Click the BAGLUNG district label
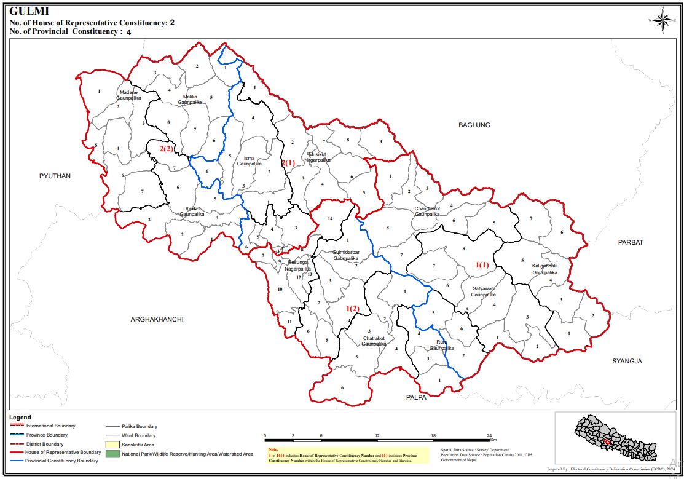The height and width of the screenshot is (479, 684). (474, 125)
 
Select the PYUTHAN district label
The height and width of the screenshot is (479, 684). (55, 176)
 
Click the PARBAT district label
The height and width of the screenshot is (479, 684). (631, 242)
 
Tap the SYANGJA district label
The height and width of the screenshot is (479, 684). (627, 361)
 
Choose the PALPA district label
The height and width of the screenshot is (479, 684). (416, 397)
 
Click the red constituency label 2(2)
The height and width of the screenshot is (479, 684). (167, 149)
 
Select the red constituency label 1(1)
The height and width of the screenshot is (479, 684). (482, 264)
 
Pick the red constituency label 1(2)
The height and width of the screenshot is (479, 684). (352, 308)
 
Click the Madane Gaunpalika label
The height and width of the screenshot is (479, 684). (128, 95)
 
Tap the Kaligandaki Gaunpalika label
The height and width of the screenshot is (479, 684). (544, 269)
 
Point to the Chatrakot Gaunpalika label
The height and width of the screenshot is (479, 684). (374, 341)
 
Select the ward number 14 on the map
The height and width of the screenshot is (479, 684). (330, 219)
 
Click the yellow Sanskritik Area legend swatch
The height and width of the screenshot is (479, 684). (112, 444)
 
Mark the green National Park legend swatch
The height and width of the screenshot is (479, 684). (112, 454)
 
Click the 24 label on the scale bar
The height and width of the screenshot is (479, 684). (489, 435)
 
